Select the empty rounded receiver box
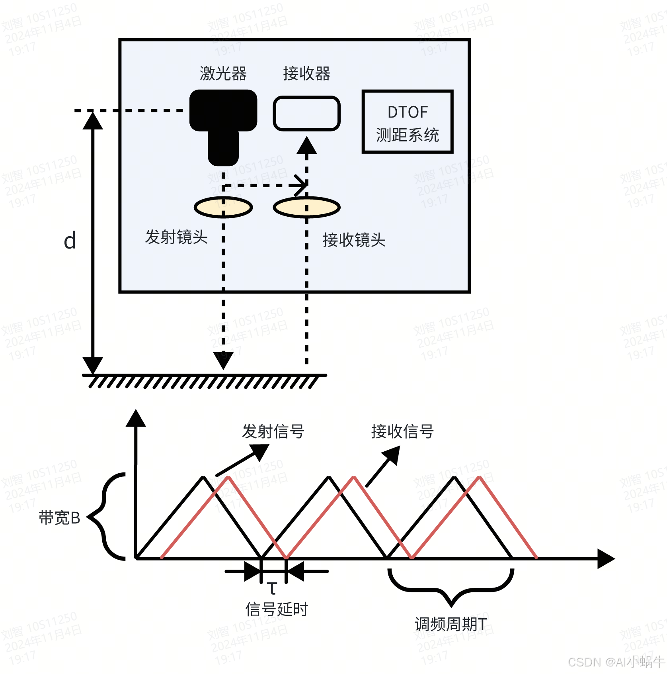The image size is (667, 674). tap(306, 114)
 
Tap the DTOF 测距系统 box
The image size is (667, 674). tap(408, 122)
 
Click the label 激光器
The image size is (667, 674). tap(223, 74)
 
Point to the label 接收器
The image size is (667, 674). tap(306, 74)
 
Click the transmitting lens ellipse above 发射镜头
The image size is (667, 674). tap(223, 207)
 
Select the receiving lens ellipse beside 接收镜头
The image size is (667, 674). tap(306, 208)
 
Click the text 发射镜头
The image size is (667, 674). tap(176, 237)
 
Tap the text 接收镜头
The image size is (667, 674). tap(354, 240)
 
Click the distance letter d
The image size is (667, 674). tap(70, 241)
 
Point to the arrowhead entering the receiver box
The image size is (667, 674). tap(306, 145)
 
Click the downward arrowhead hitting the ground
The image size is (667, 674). tap(223, 360)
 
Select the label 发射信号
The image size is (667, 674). tap(273, 431)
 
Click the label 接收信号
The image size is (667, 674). tap(402, 431)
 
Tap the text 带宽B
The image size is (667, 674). tap(60, 518)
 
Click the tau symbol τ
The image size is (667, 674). tap(272, 588)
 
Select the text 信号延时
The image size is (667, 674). tap(277, 609)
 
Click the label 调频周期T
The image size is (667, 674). tap(451, 624)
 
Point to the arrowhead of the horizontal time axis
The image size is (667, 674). tap(606, 558)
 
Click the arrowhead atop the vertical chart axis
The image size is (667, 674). tap(136, 418)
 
